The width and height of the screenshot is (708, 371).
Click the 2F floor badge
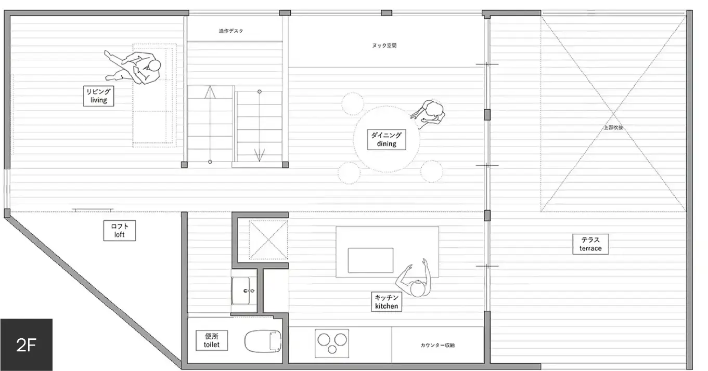[26, 344]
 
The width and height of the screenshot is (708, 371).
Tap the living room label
[98, 96]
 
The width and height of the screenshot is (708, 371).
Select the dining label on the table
[386, 139]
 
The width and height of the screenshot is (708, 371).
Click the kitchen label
[387, 302]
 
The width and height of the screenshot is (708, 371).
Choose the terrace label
[590, 244]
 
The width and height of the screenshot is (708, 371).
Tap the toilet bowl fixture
[263, 341]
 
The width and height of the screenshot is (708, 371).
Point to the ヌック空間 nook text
[384, 46]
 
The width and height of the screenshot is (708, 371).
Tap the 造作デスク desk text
[231, 31]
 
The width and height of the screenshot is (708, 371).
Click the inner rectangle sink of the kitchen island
[370, 260]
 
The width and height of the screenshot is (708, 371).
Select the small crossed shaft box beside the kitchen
[268, 239]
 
